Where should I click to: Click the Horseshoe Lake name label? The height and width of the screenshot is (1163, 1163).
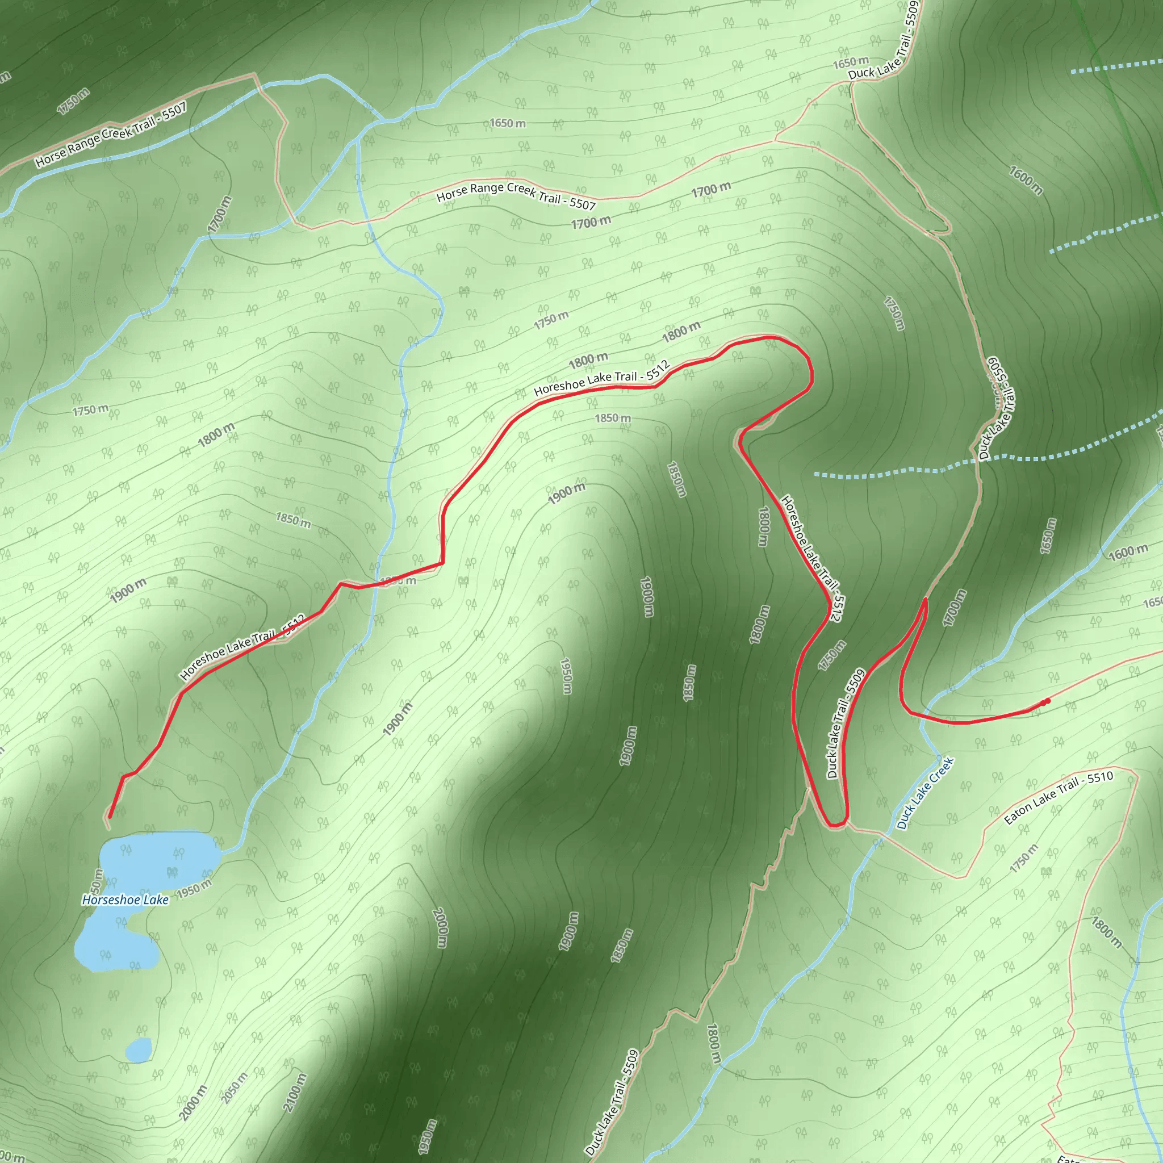(125, 900)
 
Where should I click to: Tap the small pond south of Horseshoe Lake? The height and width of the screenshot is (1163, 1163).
(139, 1051)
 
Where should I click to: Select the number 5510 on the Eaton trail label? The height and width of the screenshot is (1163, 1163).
(1100, 778)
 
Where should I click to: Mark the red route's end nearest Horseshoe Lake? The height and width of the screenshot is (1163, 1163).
(109, 817)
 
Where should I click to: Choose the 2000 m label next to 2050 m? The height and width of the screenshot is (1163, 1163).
(193, 1103)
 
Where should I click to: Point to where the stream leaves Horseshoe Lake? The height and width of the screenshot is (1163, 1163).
(221, 853)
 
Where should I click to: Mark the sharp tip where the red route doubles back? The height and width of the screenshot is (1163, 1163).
(925, 600)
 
